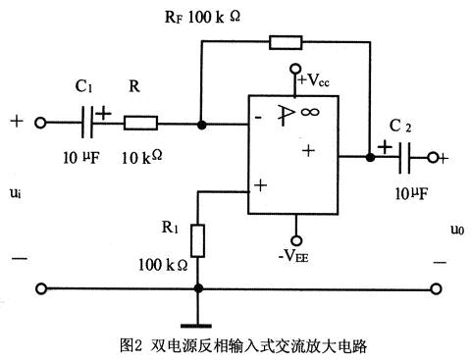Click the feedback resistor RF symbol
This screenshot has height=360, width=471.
(x=285, y=42)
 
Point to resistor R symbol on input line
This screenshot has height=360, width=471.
(x=140, y=125)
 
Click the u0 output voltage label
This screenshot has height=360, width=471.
(x=455, y=229)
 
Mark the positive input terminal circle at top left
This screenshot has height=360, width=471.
(x=41, y=125)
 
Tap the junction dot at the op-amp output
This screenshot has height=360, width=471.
(x=369, y=156)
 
